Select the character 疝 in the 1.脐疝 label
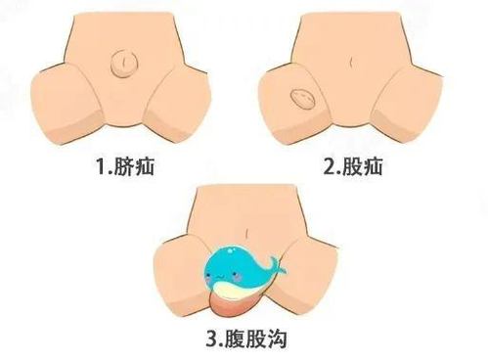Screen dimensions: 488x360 coord(144,166)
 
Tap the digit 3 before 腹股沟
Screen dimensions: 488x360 coord(213,338)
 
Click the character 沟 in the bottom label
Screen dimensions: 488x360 coord(277,338)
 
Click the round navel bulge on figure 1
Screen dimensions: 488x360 coord(124,64)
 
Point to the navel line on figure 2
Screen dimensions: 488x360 coord(352,62)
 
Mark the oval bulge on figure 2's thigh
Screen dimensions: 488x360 coord(303,99)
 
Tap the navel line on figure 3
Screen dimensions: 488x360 coord(247,233)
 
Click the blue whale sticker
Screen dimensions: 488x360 coord(243,273)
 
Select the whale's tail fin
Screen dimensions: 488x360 coord(276,265)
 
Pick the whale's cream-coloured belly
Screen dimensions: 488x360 coord(237,291)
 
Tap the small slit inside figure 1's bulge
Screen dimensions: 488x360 coord(124,62)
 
